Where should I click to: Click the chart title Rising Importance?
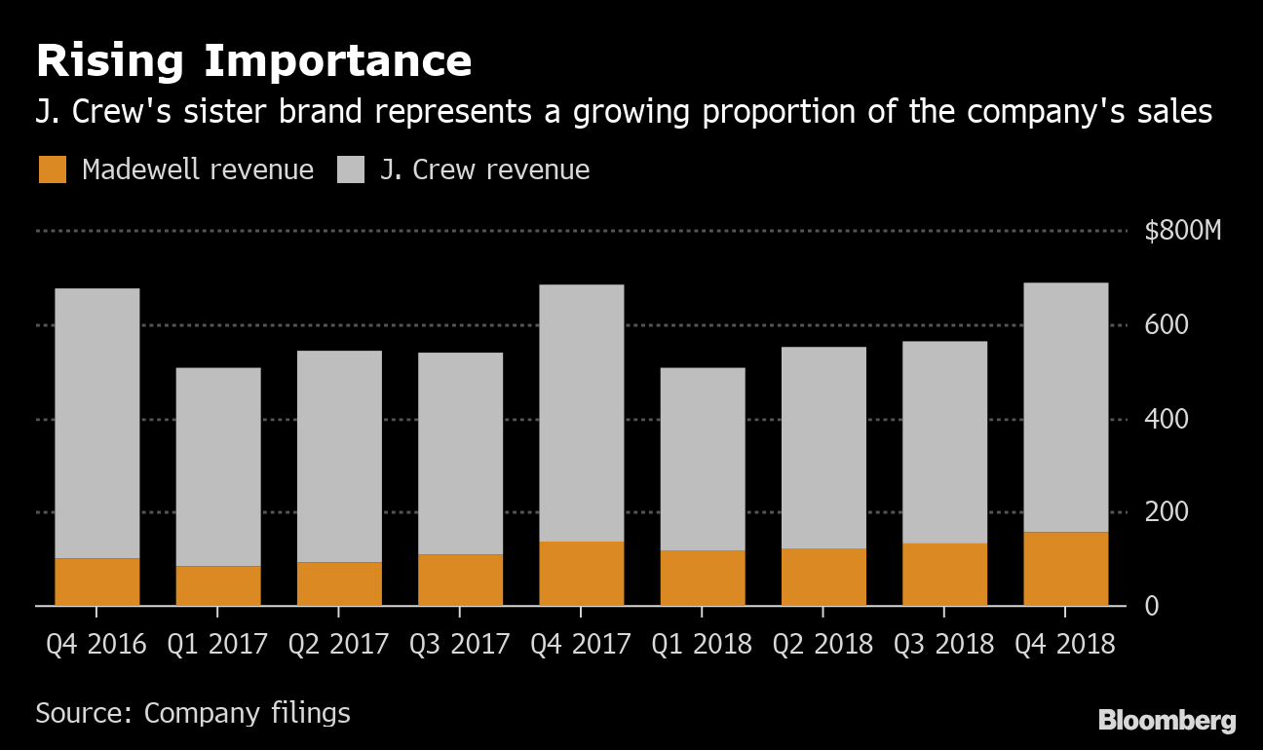click(253, 61)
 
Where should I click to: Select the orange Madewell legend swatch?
click(53, 170)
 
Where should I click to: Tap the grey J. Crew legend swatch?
click(351, 170)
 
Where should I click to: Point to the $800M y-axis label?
click(1182, 232)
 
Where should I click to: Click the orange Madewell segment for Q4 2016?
click(96, 581)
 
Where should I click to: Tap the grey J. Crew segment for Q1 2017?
click(217, 467)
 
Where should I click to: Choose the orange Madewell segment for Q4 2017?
click(581, 574)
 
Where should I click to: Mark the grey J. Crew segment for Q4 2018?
click(1065, 407)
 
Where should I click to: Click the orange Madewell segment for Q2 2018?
click(823, 577)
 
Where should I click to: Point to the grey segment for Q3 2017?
click(460, 453)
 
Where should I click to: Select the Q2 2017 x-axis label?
click(338, 645)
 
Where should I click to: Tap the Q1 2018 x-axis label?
click(702, 645)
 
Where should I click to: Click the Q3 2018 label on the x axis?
click(944, 645)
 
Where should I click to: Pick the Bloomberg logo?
click(1167, 721)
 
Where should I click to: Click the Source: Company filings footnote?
click(193, 713)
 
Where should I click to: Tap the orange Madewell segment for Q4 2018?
click(1065, 569)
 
